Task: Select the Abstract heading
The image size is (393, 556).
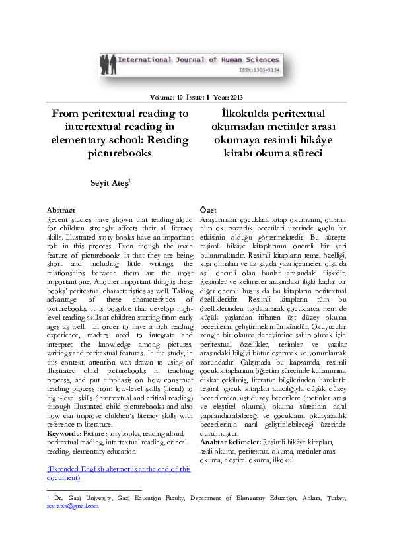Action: tap(61, 210)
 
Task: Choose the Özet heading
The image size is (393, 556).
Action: tap(208, 209)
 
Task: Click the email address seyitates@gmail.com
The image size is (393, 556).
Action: tap(73, 506)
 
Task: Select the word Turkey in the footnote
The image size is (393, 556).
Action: tap(334, 498)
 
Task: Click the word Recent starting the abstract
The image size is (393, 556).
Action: tap(59, 219)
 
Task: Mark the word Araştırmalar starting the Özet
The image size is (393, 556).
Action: tap(221, 219)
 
